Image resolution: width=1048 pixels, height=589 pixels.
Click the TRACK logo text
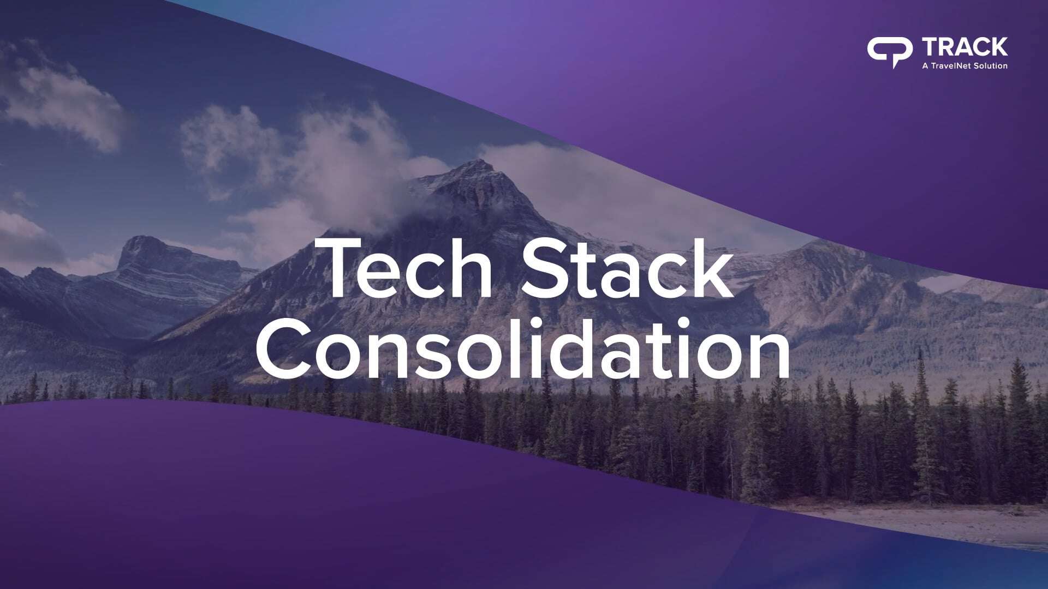pyautogui.click(x=964, y=47)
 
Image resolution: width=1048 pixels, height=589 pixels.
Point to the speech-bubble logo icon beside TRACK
pyautogui.click(x=889, y=51)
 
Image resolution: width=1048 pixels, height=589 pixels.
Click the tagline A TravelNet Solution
pyautogui.click(x=964, y=65)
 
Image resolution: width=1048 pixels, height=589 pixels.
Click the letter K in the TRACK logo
pyautogui.click(x=998, y=47)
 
